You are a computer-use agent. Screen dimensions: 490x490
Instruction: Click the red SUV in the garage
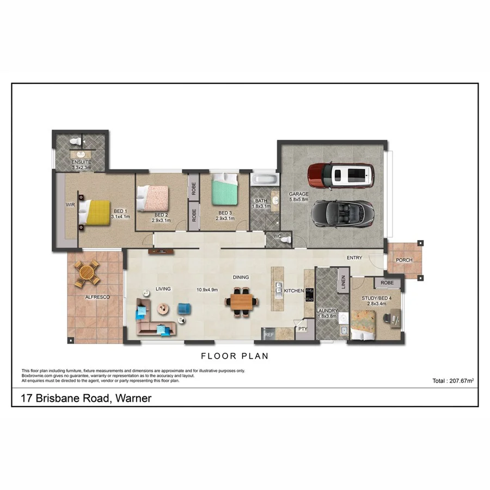coord(341,175)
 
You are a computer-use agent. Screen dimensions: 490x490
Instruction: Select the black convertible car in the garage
coord(342,212)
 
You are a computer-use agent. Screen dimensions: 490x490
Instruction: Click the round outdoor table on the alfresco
coord(87,273)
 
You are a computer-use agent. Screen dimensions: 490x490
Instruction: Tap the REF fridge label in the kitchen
coord(268,335)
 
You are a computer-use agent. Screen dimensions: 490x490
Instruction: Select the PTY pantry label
coord(302,329)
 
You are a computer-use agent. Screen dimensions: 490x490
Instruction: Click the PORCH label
coord(404,260)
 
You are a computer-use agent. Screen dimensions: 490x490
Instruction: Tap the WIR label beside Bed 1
coord(70,205)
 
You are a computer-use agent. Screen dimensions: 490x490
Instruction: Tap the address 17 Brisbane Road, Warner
coord(86,399)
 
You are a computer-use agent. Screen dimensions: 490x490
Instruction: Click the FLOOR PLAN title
coord(235,357)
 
